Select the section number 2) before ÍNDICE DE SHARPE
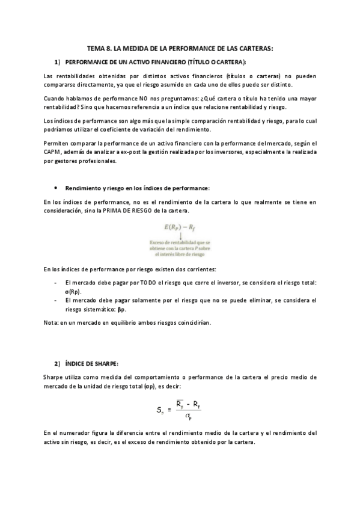57,363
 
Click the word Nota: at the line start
51,322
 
